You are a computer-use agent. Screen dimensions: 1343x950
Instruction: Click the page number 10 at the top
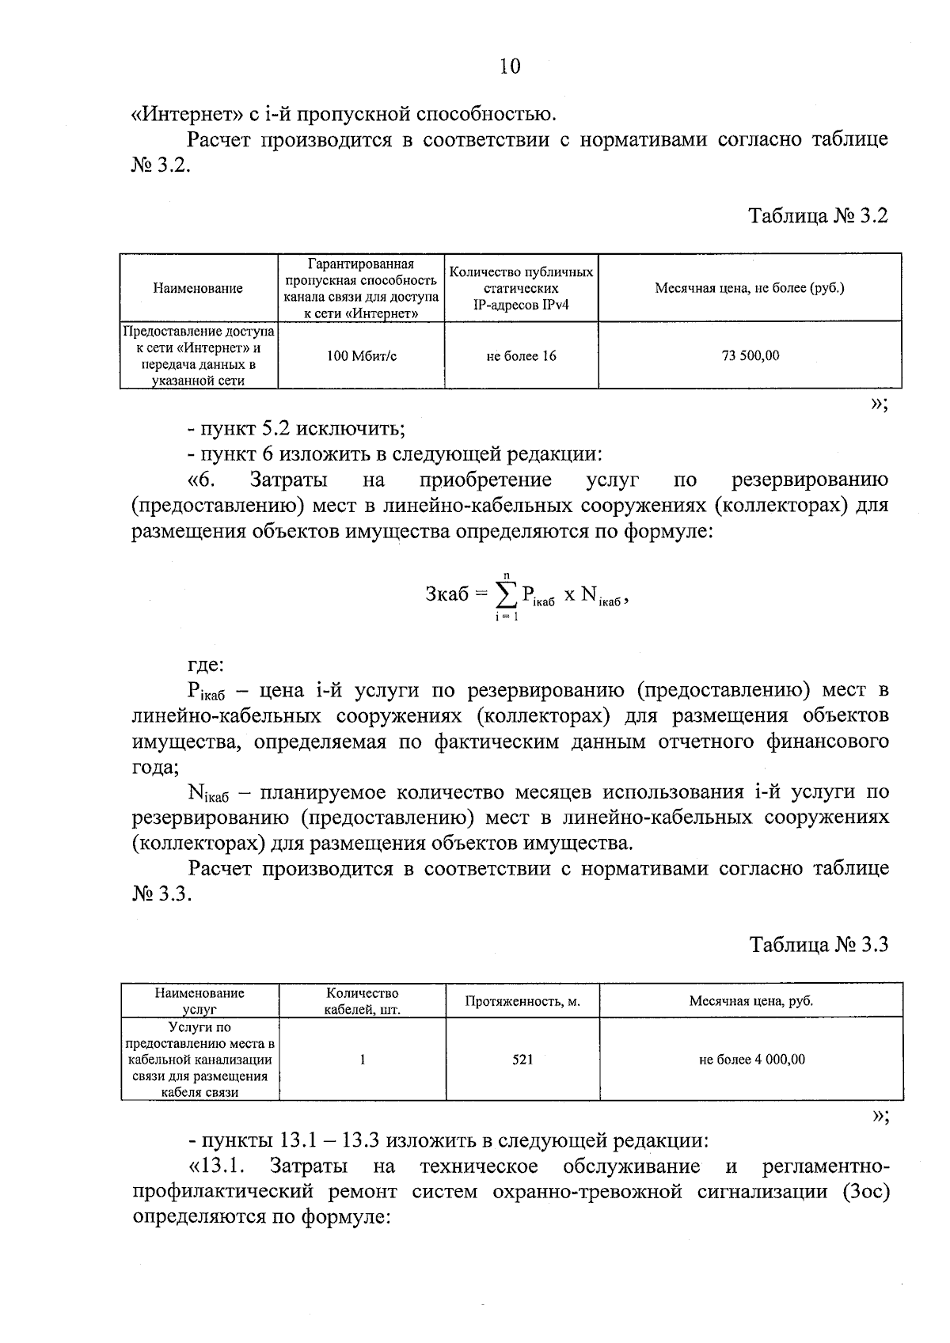click(510, 66)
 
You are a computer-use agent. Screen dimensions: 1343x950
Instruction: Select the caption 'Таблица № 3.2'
click(819, 216)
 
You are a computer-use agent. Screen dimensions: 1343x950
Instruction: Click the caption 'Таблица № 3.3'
click(819, 944)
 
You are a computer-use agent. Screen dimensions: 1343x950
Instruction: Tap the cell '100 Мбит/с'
click(362, 356)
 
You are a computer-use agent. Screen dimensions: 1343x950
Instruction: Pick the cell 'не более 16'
click(521, 356)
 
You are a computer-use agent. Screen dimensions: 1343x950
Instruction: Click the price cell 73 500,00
click(750, 356)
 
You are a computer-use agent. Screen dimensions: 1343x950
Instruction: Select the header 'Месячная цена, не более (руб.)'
click(750, 288)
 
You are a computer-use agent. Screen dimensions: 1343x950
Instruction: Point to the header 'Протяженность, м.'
click(522, 1001)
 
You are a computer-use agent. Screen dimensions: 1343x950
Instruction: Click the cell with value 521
click(522, 1059)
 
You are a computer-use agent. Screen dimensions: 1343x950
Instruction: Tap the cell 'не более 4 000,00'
click(751, 1059)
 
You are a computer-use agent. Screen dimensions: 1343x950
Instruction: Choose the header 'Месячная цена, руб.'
click(751, 1001)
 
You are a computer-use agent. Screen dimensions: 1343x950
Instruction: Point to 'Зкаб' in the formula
click(447, 594)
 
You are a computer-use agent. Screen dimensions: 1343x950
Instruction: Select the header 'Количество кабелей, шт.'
click(362, 1001)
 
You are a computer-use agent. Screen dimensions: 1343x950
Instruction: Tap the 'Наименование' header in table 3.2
click(198, 288)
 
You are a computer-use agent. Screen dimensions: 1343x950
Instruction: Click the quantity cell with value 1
click(362, 1059)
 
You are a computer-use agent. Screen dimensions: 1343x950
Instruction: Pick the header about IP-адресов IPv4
click(521, 288)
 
